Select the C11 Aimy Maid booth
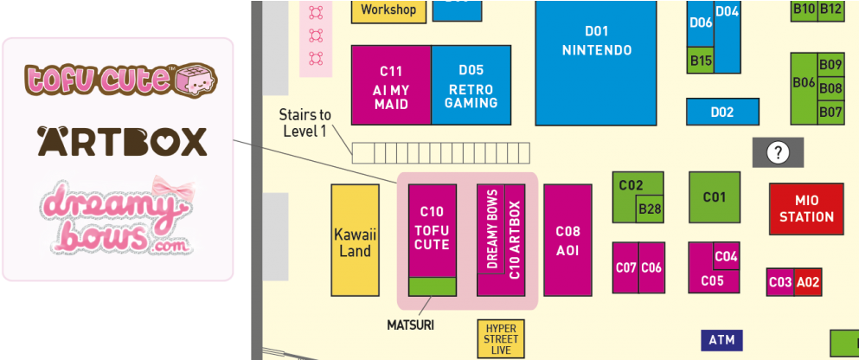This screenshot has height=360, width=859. (391, 85)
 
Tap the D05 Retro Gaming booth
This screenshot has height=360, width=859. (471, 85)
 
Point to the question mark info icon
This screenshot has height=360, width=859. (779, 153)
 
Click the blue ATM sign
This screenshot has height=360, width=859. (721, 340)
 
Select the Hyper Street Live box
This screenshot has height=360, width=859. (501, 339)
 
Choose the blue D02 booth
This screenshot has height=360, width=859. (722, 112)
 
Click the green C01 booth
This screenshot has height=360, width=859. (714, 197)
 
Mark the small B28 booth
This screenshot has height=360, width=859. (650, 209)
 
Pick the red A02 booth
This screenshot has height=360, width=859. (808, 282)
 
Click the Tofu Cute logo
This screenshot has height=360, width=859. (119, 79)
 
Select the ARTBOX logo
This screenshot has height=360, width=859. (122, 140)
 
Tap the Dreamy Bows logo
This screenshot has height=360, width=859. (119, 218)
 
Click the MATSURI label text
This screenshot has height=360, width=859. (410, 325)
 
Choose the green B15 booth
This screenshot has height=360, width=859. (701, 61)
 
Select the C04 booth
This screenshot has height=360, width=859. (727, 256)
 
